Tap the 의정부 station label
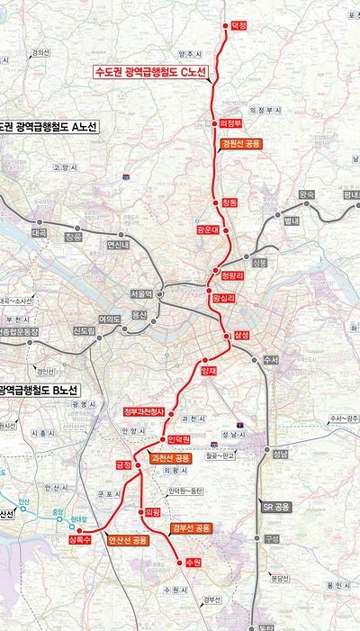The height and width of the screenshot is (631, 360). (231, 123)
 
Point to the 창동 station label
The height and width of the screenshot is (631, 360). (229, 203)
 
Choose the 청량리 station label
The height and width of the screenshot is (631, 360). (232, 277)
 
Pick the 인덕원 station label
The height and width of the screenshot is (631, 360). (180, 439)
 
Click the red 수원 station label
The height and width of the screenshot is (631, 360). (192, 562)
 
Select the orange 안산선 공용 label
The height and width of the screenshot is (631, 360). (127, 541)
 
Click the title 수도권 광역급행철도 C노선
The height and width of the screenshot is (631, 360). (150, 71)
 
